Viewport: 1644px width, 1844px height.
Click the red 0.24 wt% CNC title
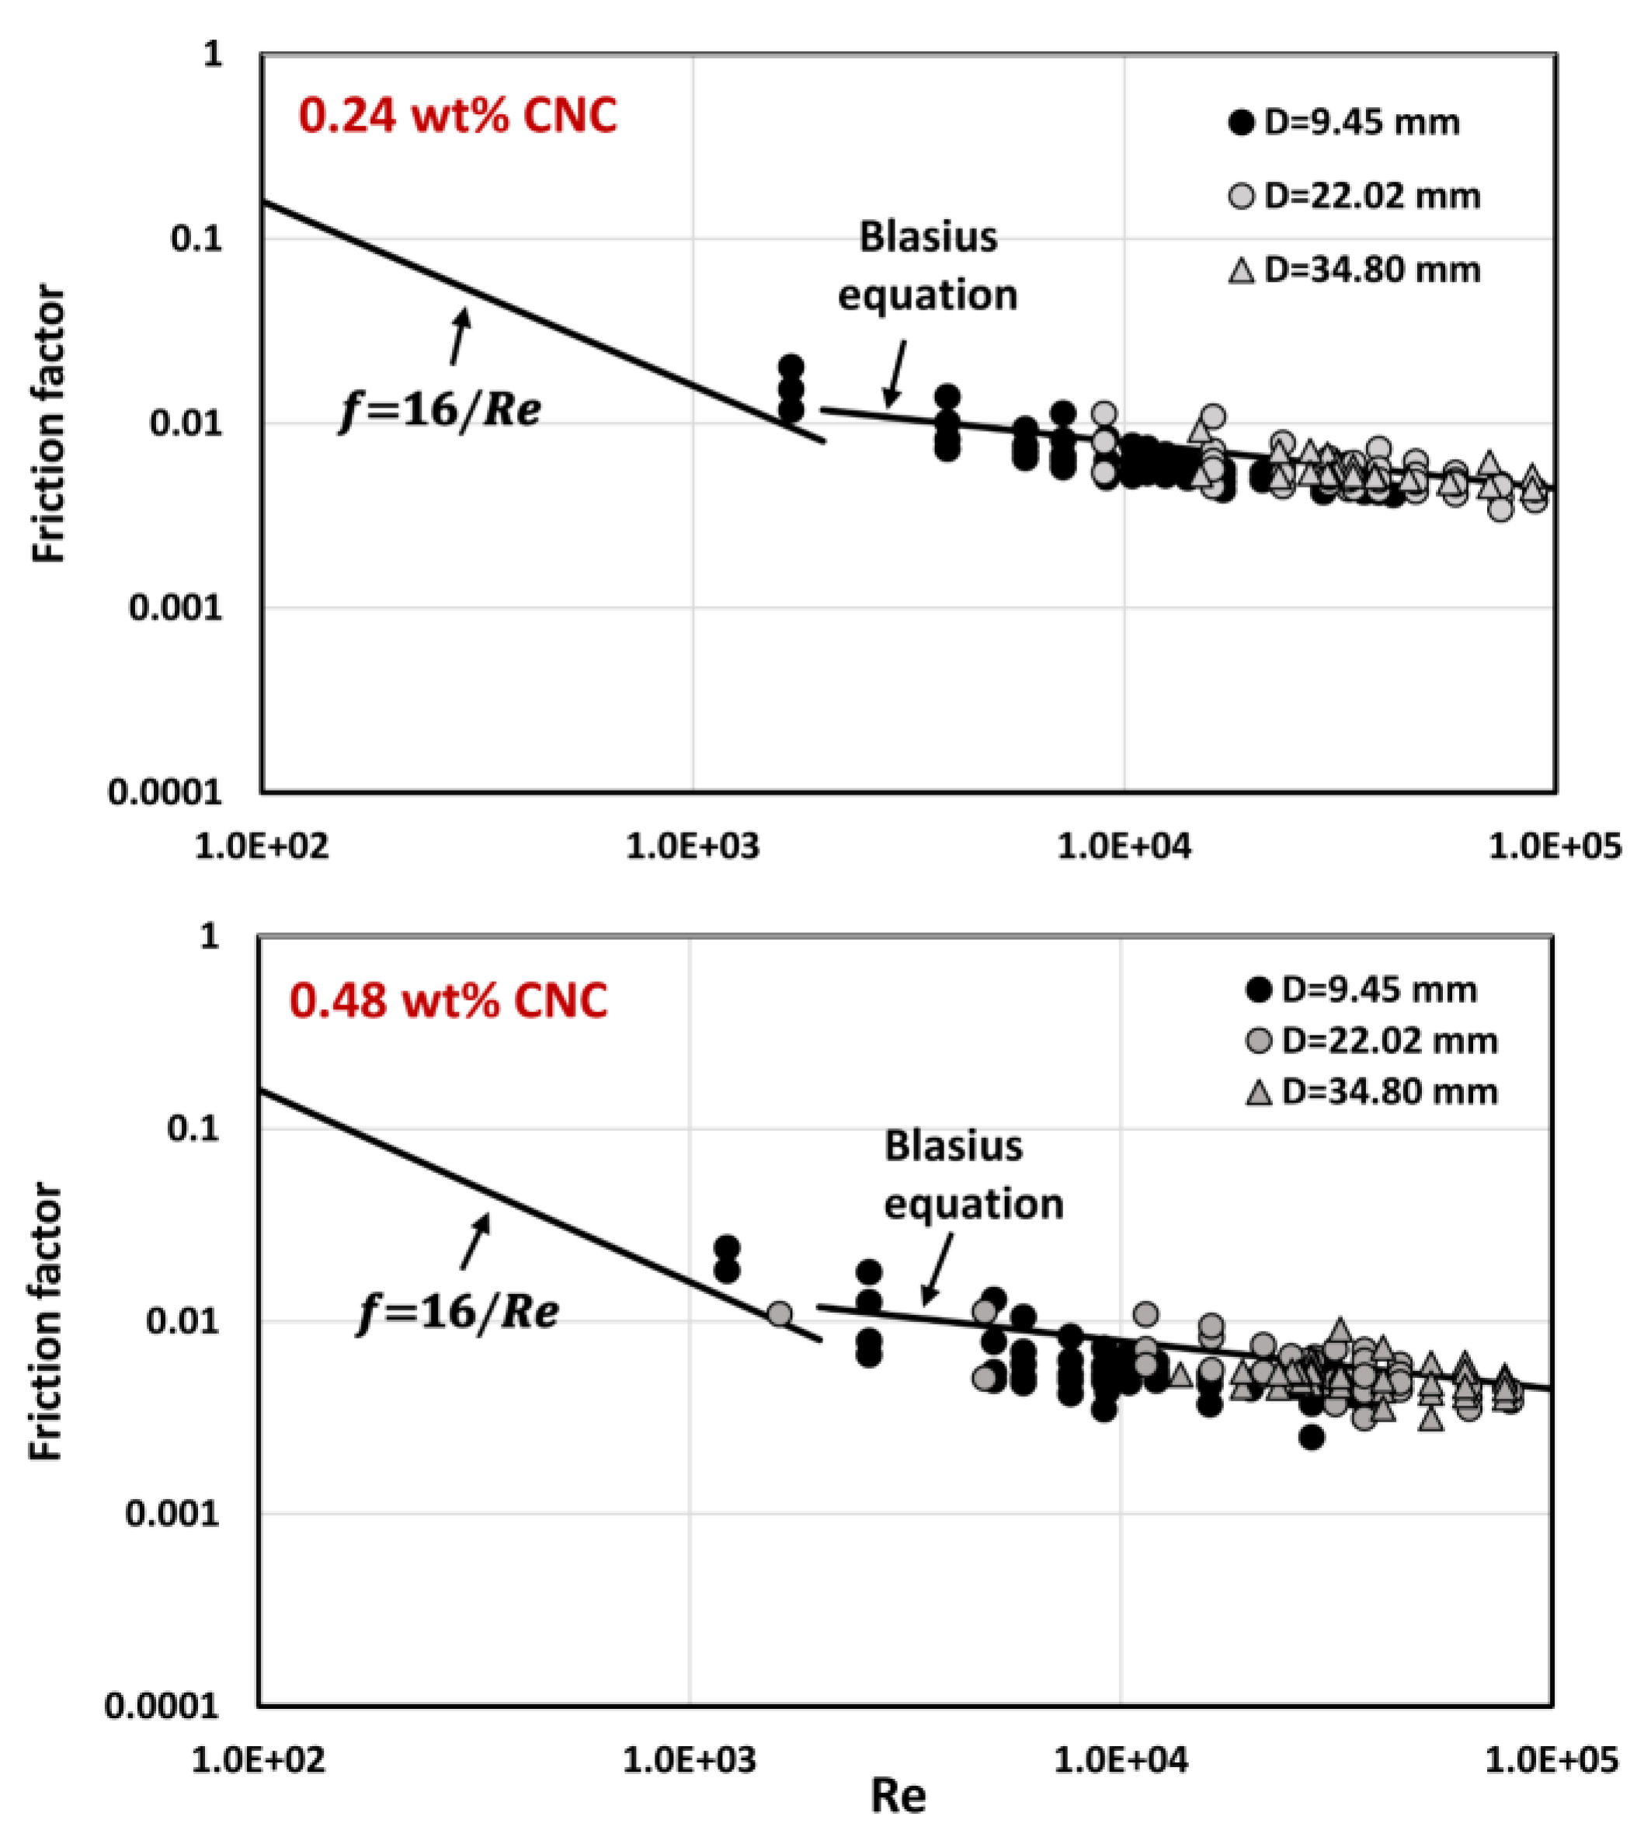tap(457, 117)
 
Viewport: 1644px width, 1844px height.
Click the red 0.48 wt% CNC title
tap(448, 1001)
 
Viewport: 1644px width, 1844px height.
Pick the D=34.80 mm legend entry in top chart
tap(1354, 270)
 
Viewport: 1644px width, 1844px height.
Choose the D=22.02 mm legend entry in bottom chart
tap(1371, 1041)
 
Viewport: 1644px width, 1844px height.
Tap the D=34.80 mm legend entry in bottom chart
tap(1371, 1091)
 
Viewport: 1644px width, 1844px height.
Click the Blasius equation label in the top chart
tap(928, 266)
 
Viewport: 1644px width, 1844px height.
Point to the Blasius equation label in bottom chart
tap(973, 1174)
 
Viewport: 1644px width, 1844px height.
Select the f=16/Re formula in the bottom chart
tap(458, 1311)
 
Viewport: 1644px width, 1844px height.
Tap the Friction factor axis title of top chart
tap(49, 425)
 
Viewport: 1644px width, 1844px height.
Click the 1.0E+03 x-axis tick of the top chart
tap(693, 847)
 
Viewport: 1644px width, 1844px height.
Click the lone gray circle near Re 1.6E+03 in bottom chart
tap(780, 1313)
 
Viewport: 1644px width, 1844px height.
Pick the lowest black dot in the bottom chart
tap(1312, 1436)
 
